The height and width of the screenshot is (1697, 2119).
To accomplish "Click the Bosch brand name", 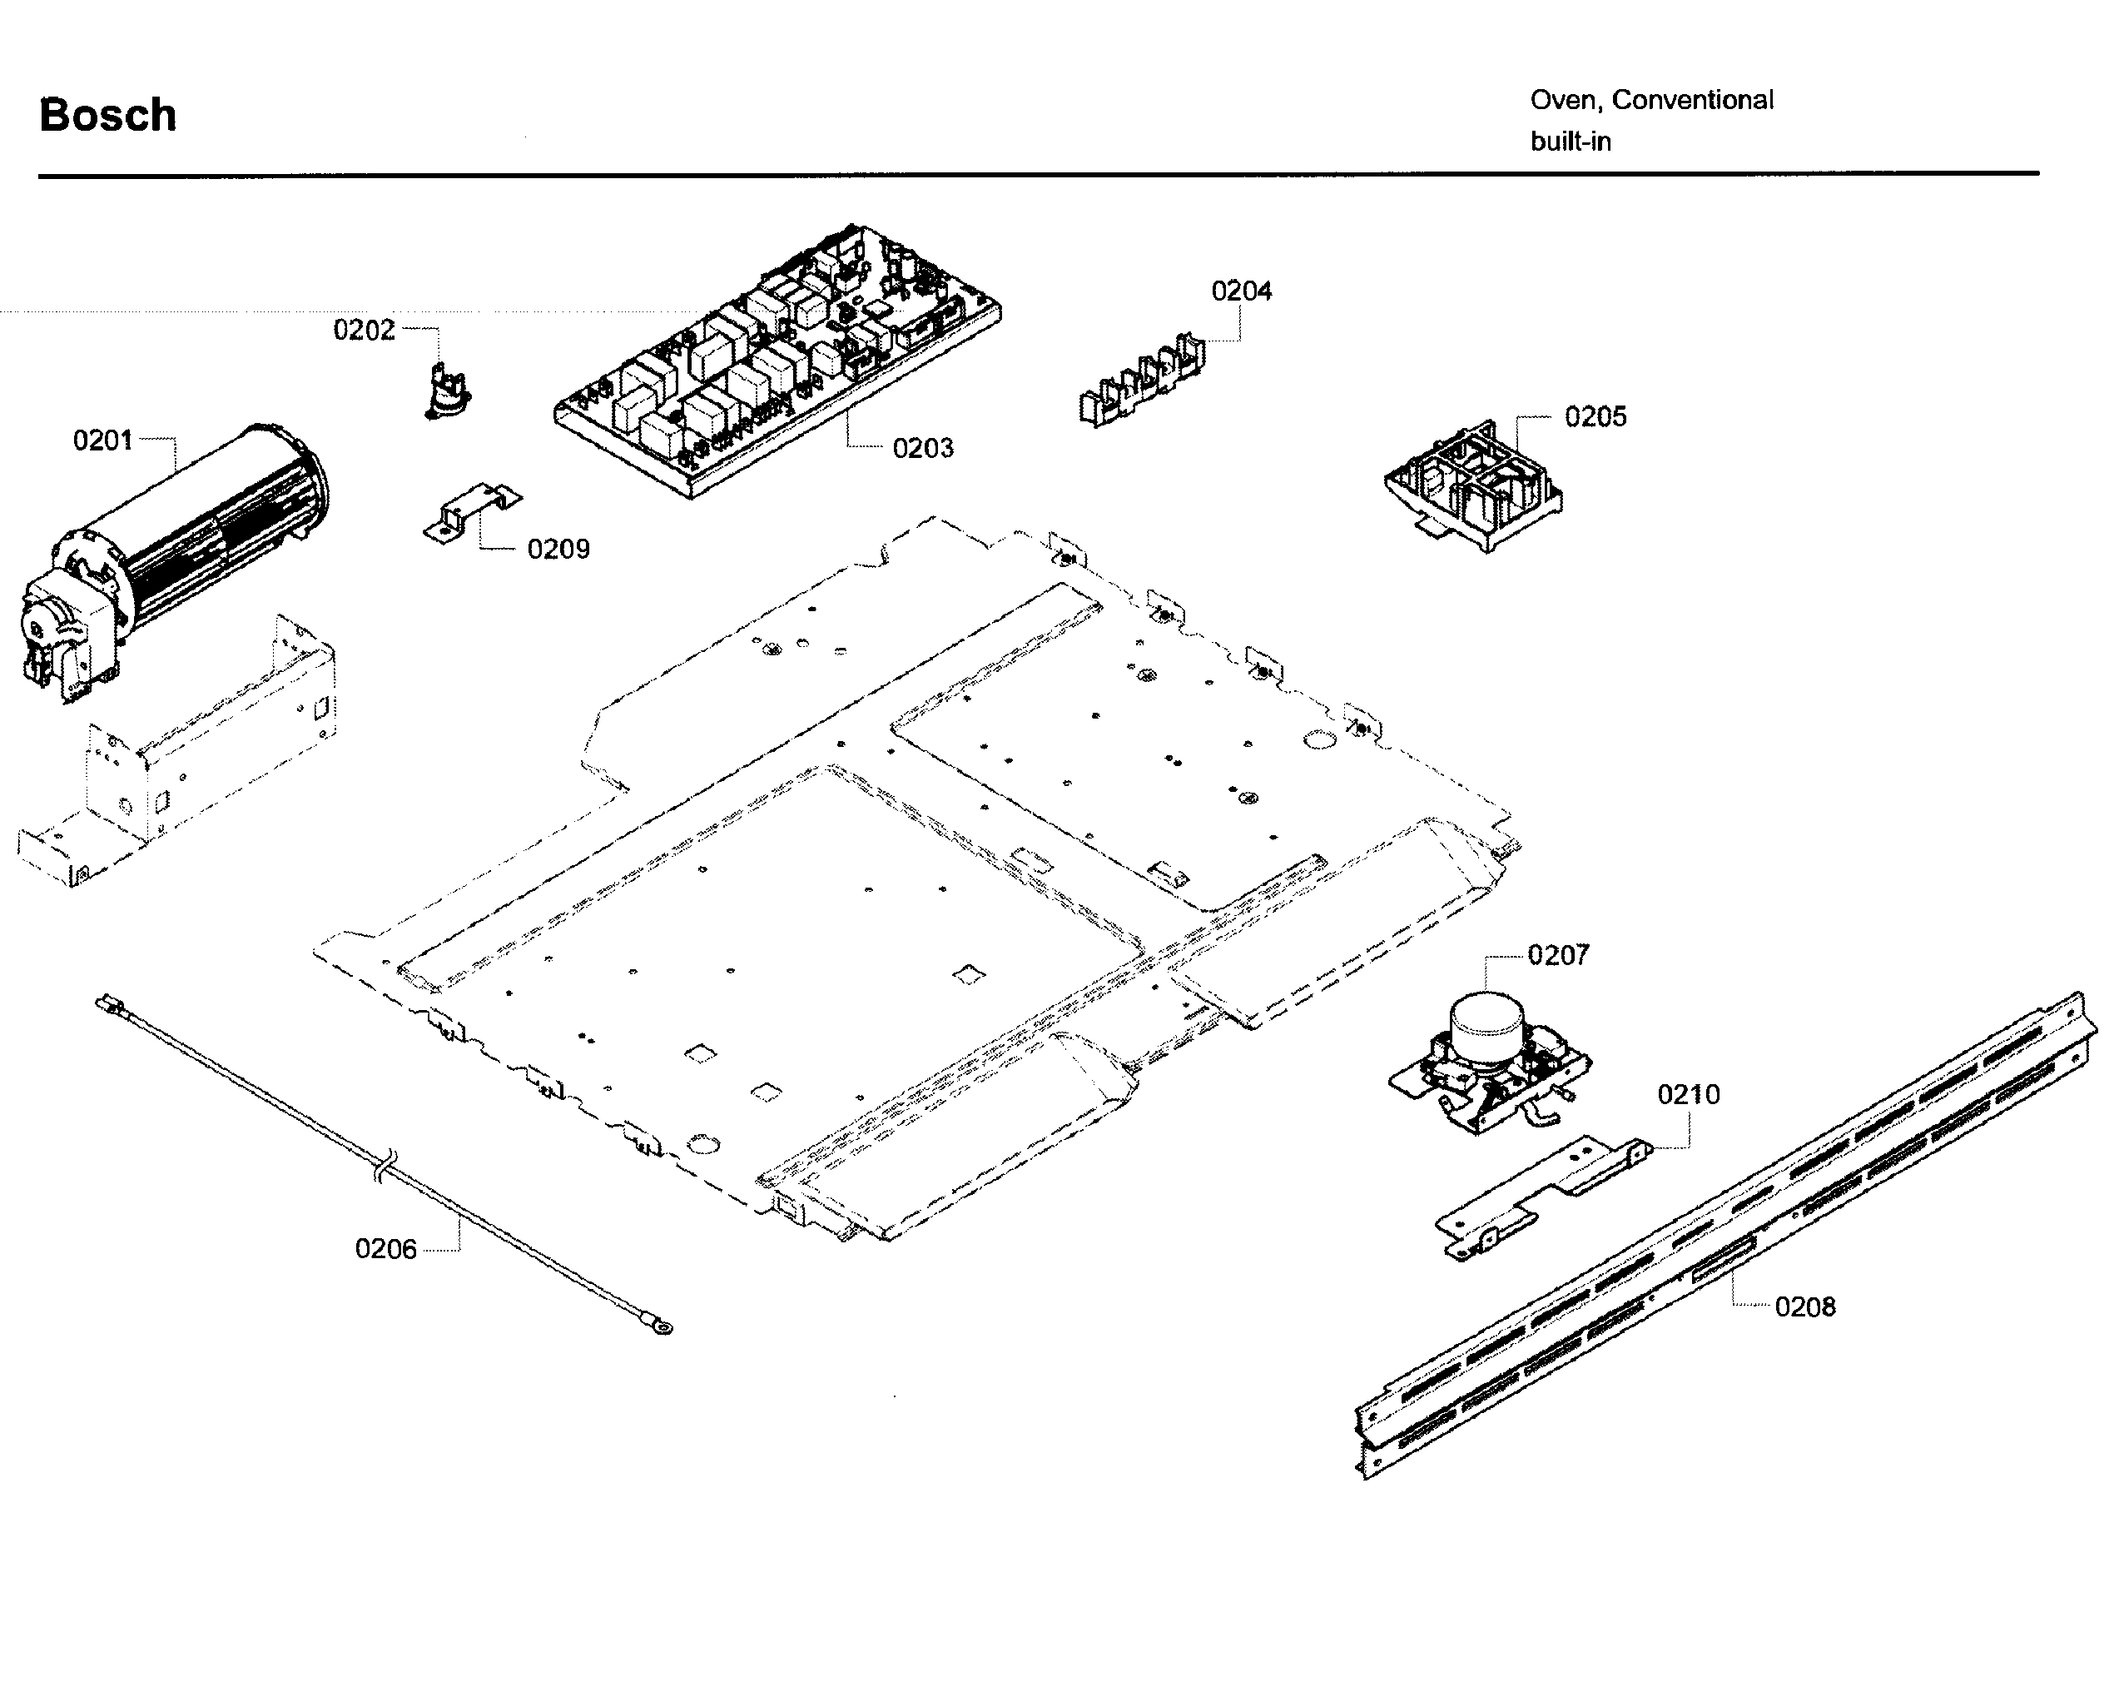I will pos(108,115).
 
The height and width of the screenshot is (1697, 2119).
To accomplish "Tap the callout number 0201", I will pos(102,440).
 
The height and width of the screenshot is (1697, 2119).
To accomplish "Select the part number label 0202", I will pos(364,331).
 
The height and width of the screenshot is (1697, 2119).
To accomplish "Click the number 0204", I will pos(1241,291).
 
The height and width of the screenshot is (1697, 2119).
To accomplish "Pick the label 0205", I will pos(1595,417).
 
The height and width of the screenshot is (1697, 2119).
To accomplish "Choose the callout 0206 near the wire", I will pos(385,1249).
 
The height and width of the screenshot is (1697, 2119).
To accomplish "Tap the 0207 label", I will pos(1558,955).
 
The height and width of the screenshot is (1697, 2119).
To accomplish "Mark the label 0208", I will pos(1804,1306).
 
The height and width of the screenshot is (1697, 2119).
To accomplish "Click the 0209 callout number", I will pos(558,549).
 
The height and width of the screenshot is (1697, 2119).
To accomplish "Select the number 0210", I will pos(1689,1094).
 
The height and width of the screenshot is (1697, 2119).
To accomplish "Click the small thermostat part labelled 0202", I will pos(448,391).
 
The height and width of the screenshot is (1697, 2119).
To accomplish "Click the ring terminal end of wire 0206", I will pos(663,1328).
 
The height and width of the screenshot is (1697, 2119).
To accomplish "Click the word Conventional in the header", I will pos(1692,100).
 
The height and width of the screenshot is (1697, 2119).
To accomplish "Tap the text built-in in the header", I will pos(1571,142).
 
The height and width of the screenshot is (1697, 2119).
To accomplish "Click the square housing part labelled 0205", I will pos(1472,486).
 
